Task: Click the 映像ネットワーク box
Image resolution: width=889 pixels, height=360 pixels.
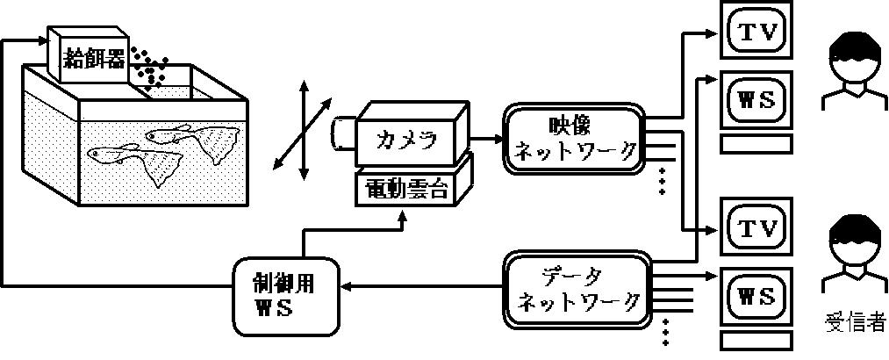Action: point(572,139)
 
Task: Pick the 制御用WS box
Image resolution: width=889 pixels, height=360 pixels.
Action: point(285,294)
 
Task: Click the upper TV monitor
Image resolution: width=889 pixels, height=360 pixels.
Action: point(756,33)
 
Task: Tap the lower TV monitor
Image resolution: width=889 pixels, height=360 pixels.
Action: point(756,227)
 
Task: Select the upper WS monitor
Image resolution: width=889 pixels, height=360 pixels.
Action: point(756,99)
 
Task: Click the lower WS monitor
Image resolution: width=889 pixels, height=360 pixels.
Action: point(756,294)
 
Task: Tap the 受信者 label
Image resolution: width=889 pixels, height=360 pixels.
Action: point(855,322)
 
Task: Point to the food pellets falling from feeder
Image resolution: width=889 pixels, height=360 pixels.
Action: point(151,68)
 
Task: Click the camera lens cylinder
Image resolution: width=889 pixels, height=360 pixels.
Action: point(342,134)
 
